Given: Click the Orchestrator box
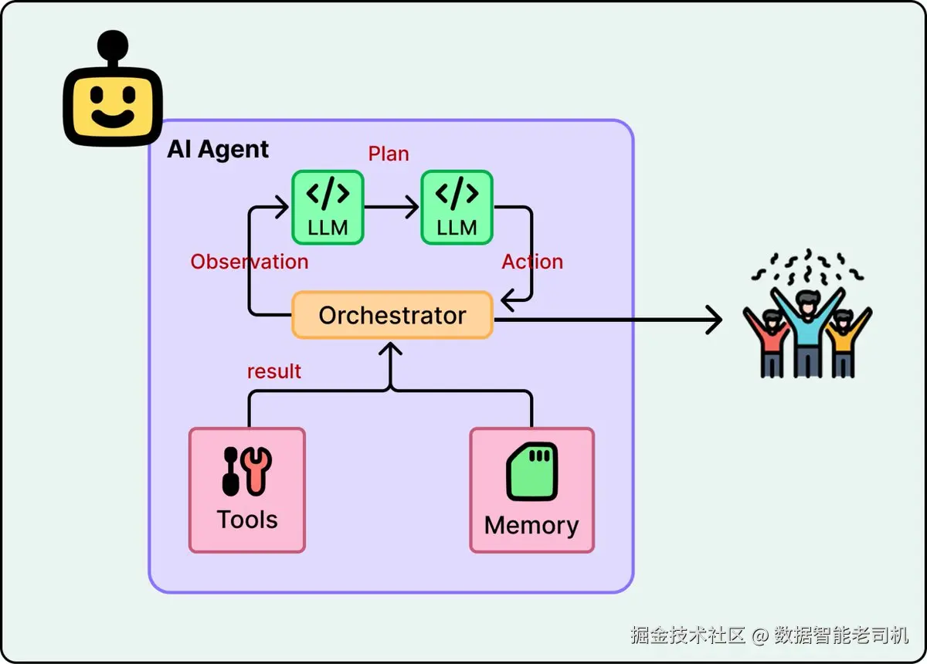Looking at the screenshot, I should coord(392,315).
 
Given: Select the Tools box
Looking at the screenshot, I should coord(247,490).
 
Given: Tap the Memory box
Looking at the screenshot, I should coord(531,490).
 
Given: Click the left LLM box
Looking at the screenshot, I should coord(328,207).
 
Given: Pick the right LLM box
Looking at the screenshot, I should coord(457,207).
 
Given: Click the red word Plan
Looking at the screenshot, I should coord(389,154).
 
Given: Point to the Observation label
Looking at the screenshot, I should coord(250,262).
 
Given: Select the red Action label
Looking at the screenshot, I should coord(532,262).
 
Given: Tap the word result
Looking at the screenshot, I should coord(274,371).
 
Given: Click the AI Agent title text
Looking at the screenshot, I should coord(219,149).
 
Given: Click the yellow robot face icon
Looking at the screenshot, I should coord(113,107).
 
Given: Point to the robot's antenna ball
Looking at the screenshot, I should coord(114,42).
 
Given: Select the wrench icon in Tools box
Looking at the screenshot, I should coord(256,470).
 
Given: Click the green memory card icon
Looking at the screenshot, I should coord(531,471).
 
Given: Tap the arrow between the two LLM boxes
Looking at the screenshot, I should coord(392,207).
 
